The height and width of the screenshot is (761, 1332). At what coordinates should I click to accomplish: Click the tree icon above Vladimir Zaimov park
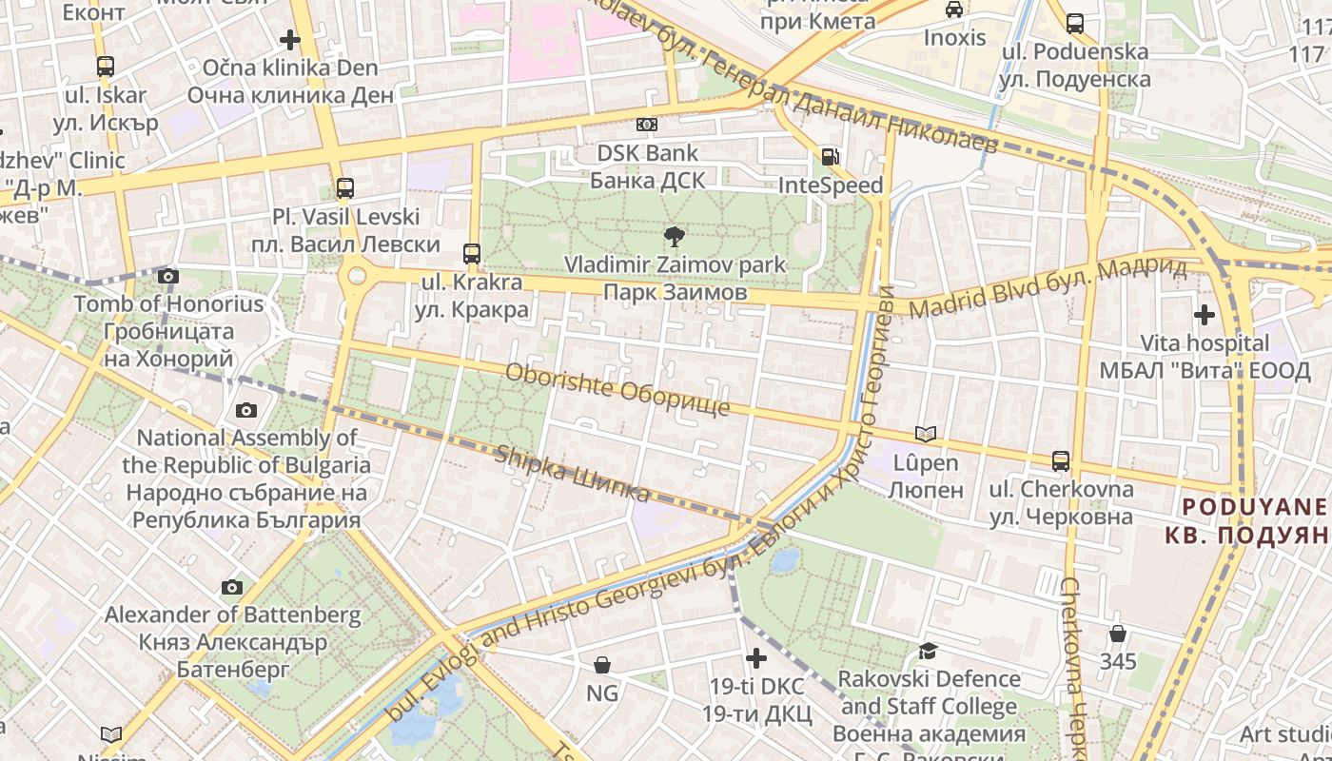(x=675, y=236)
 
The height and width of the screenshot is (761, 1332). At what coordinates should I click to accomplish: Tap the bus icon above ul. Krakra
(x=472, y=254)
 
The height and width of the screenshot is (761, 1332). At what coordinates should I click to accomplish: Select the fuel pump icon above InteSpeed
(x=831, y=157)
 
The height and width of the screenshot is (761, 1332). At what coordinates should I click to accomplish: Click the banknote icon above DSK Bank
(x=647, y=125)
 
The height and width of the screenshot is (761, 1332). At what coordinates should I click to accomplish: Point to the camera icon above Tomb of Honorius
(x=168, y=277)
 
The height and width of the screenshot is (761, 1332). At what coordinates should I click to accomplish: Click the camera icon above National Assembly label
(x=246, y=410)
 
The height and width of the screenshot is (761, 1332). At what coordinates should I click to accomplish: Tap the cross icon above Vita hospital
(x=1205, y=314)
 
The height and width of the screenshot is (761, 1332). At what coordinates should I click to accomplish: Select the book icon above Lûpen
(x=925, y=435)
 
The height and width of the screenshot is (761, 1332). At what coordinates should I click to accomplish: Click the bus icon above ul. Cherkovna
(x=1061, y=461)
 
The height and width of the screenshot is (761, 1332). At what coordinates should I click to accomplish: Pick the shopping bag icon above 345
(x=1118, y=633)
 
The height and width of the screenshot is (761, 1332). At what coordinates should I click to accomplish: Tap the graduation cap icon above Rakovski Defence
(x=927, y=651)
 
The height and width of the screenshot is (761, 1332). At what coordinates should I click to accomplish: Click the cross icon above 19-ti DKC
(x=756, y=657)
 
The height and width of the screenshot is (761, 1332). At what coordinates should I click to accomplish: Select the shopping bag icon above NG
(x=601, y=665)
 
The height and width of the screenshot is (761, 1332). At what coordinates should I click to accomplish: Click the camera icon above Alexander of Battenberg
(x=232, y=587)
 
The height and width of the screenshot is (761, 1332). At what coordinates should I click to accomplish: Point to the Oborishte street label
(x=617, y=389)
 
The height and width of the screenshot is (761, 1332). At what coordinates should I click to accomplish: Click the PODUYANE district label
(x=1245, y=507)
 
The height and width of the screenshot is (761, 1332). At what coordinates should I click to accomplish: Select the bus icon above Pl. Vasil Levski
(x=345, y=188)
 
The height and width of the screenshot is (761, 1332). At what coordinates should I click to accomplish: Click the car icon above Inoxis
(x=954, y=10)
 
